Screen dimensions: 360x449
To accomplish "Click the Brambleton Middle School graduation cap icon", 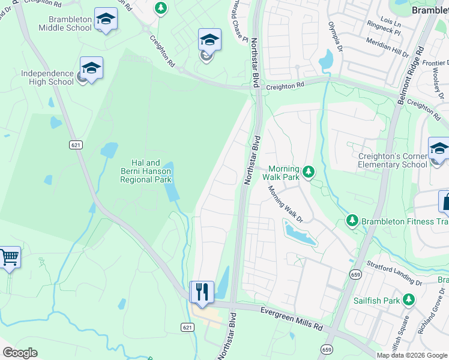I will [x=106, y=20].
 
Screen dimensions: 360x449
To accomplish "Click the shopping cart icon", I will [x=10, y=257].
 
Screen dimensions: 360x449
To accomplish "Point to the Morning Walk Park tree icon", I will [x=309, y=173].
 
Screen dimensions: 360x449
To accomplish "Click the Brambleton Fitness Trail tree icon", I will [x=352, y=221].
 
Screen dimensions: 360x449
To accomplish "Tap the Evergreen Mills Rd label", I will [x=292, y=319].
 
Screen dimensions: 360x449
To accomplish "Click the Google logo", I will [x=20, y=353].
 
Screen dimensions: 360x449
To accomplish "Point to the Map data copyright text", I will [x=412, y=355].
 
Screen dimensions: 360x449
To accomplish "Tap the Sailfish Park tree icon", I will [x=409, y=299].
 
